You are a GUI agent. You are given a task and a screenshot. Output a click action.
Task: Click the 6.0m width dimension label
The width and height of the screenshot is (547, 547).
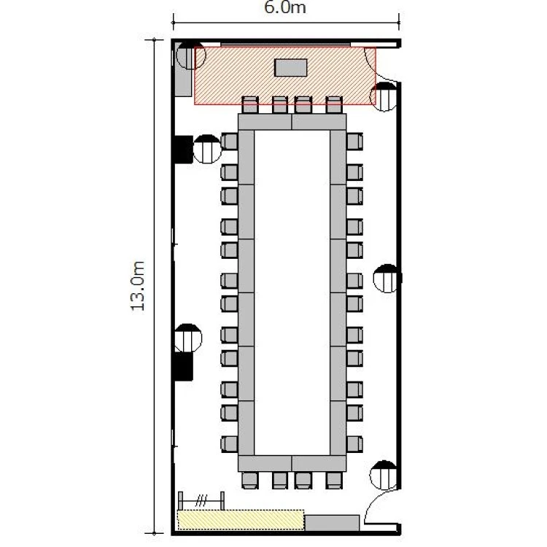pyautogui.click(x=284, y=8)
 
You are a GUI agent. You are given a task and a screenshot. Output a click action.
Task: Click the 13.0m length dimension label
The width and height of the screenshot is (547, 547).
pyautogui.click(x=137, y=286)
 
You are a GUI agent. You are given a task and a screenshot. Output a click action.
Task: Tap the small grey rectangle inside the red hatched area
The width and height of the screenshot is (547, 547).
pyautogui.click(x=290, y=68)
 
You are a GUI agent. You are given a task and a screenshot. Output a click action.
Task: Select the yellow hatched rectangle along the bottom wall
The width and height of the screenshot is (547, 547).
pyautogui.click(x=241, y=520)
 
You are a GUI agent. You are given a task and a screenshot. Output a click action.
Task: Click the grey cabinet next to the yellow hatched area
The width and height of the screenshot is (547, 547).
pyautogui.click(x=332, y=523)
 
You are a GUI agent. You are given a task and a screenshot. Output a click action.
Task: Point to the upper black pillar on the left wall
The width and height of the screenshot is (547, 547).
pyautogui.click(x=184, y=150)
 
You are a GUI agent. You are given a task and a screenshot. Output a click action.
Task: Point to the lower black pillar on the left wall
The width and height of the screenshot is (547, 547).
pyautogui.click(x=184, y=366)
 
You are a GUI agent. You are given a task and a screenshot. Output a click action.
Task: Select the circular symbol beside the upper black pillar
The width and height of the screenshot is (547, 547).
pyautogui.click(x=207, y=150)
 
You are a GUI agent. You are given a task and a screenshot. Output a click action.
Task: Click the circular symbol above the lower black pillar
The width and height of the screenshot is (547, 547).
pyautogui.click(x=188, y=338)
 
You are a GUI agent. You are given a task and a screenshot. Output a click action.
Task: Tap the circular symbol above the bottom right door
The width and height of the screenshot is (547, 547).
pyautogui.click(x=384, y=475)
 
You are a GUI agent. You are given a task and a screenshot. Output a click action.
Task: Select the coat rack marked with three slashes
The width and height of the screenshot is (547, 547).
pyautogui.click(x=201, y=501)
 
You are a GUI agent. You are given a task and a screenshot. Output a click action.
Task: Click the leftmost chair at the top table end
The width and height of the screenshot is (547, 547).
pyautogui.click(x=250, y=104)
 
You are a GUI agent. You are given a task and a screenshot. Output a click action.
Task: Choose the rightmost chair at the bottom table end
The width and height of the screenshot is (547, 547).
pyautogui.click(x=334, y=481)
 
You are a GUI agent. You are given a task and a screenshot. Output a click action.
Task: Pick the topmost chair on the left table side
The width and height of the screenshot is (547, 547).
pyautogui.click(x=229, y=141)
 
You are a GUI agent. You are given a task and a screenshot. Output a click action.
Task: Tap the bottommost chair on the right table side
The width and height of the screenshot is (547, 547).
pyautogui.click(x=354, y=444)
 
